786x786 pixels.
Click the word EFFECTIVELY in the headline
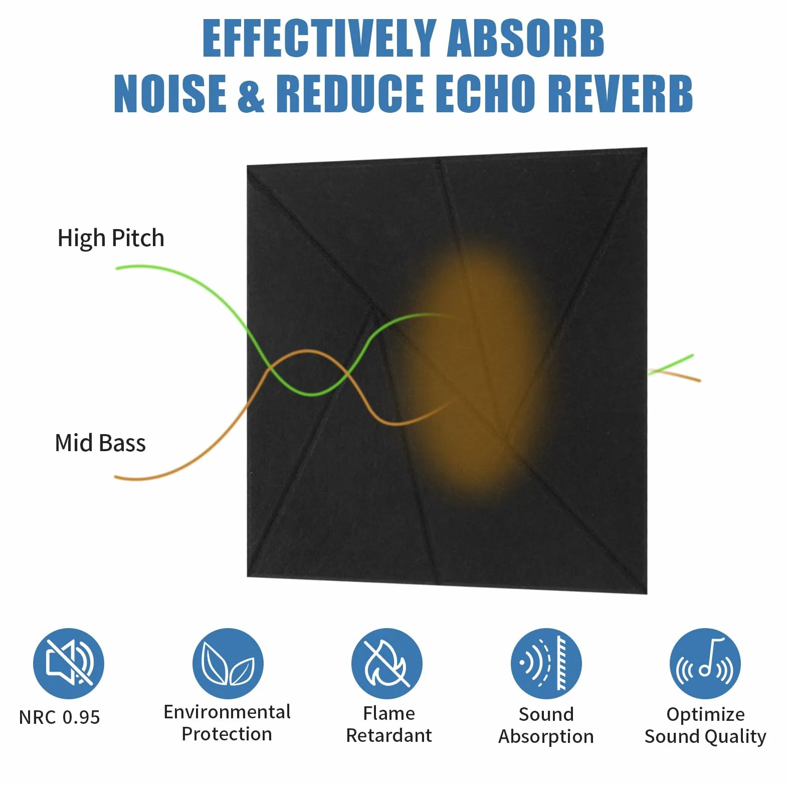click(319, 38)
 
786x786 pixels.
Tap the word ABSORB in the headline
click(525, 38)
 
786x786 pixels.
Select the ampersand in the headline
click(251, 93)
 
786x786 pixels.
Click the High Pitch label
click(111, 239)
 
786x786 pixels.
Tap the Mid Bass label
click(100, 443)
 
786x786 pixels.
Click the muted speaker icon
click(69, 663)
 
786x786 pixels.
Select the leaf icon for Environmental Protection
click(228, 663)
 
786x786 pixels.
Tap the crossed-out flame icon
click(387, 663)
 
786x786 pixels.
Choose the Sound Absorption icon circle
click(546, 663)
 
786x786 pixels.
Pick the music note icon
click(705, 663)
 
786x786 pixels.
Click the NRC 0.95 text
click(60, 717)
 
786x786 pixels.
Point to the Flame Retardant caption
click(389, 724)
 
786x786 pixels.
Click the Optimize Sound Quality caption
click(705, 725)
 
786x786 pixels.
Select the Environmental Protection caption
click(227, 723)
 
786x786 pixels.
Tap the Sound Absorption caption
click(546, 725)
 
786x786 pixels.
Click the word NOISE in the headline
click(170, 93)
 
